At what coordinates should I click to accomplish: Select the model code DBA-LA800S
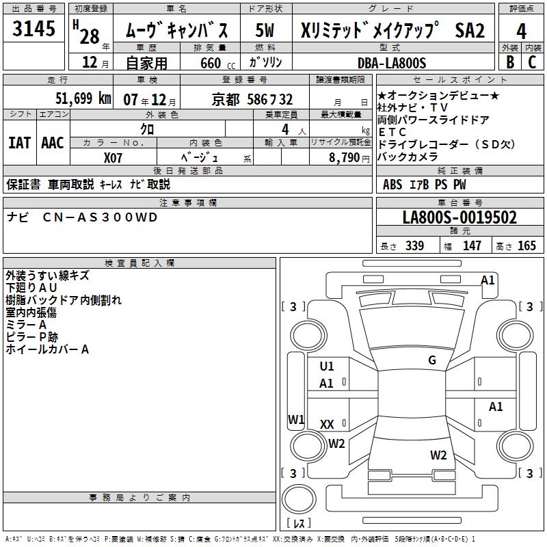pos(392,62)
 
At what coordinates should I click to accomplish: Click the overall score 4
pos(521,31)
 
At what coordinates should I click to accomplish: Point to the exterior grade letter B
pos(509,62)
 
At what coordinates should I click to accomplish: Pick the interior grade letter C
pos(532,62)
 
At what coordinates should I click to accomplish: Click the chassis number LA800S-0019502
pos(459,218)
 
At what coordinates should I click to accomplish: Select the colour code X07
pos(114,157)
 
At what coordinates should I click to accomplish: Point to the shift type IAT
pos(19,143)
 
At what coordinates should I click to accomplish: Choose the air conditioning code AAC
pos(52,143)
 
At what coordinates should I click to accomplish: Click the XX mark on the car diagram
pos(327,425)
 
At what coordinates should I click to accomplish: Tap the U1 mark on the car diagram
pos(327,366)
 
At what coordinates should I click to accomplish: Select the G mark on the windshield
pos(431,360)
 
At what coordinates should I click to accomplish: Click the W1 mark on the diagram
pos(295,419)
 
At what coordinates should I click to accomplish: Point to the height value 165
pos(526,246)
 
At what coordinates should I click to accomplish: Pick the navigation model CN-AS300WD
pos(100,217)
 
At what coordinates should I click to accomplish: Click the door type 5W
pos(265,30)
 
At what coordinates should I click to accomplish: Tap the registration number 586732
pos(269,99)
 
